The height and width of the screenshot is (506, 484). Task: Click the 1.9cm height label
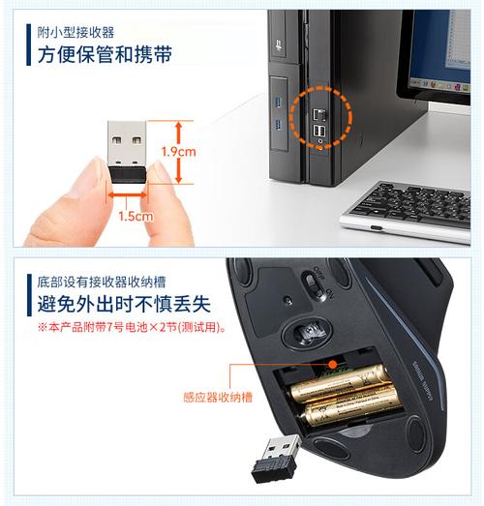[x=180, y=152]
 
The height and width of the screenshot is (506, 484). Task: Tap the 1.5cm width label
[x=136, y=217]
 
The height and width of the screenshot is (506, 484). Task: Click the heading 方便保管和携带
[x=106, y=54]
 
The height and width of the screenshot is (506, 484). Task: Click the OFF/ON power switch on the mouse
[x=312, y=284]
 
